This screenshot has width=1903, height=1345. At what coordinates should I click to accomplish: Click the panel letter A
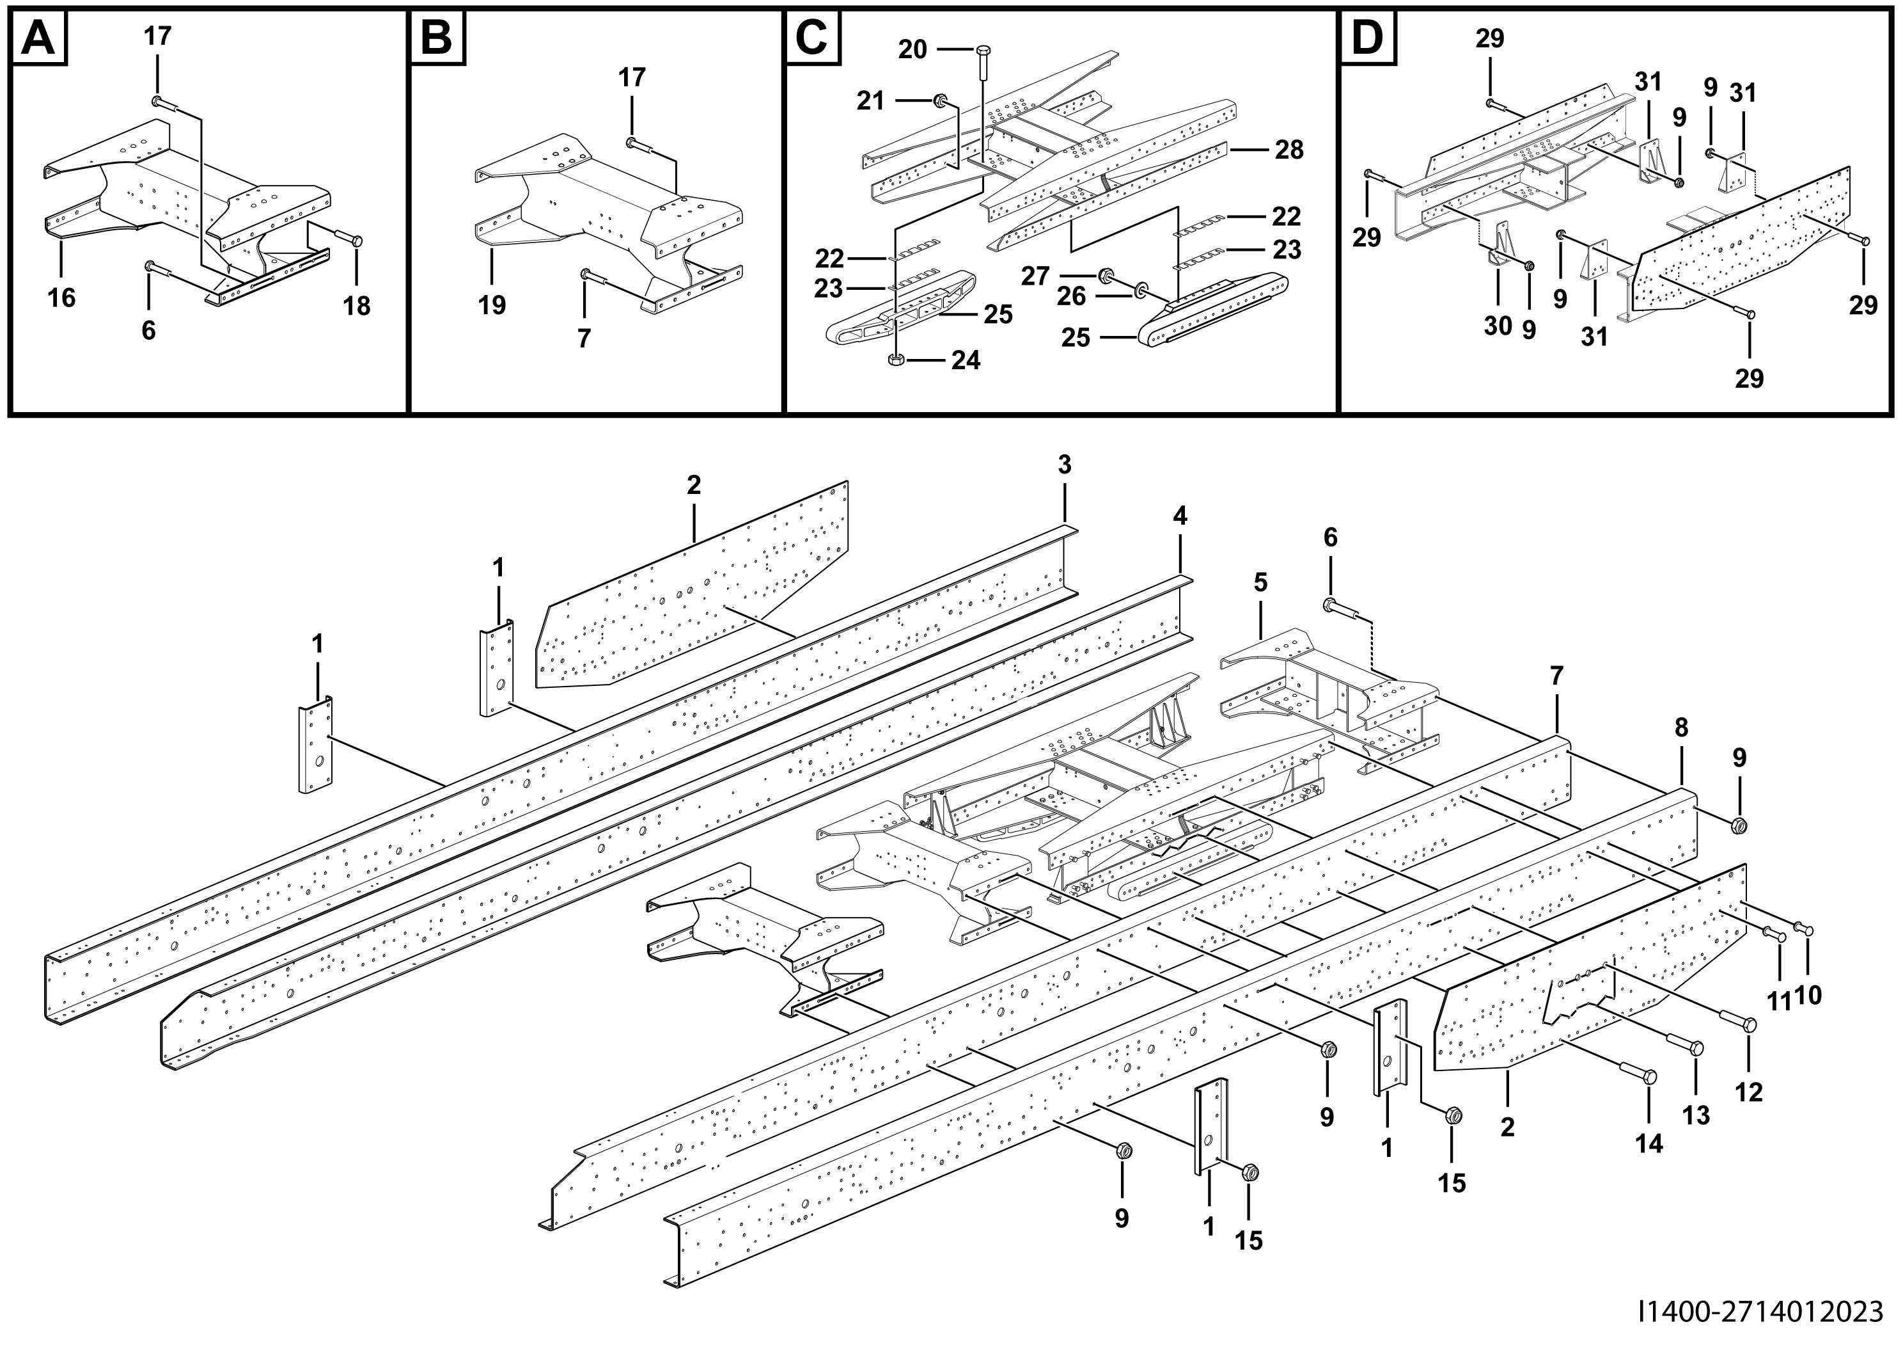[x=39, y=38]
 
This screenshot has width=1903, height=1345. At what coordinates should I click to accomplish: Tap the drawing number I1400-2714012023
[x=1760, y=1312]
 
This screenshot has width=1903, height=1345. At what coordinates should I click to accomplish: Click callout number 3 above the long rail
[x=1064, y=465]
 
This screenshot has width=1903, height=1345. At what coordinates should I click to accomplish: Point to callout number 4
[x=1179, y=516]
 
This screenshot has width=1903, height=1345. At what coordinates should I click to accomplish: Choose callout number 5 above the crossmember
[x=1260, y=582]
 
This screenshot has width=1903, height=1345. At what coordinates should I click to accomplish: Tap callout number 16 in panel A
[x=61, y=297]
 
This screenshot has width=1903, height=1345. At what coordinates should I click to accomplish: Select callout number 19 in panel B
[x=492, y=305]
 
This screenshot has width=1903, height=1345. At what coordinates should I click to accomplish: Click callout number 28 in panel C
[x=1289, y=150]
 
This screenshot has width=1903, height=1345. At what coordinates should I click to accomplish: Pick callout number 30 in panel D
[x=1498, y=326]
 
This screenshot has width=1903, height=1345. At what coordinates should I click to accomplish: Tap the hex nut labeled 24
[x=895, y=360]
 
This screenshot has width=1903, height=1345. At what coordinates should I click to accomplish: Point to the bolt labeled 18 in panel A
[x=355, y=241]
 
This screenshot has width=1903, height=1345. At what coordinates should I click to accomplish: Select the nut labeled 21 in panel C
[x=941, y=101]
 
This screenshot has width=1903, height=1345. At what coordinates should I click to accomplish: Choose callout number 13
[x=1696, y=1115]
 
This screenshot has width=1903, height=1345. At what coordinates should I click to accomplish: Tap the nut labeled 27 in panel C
[x=1105, y=275]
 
